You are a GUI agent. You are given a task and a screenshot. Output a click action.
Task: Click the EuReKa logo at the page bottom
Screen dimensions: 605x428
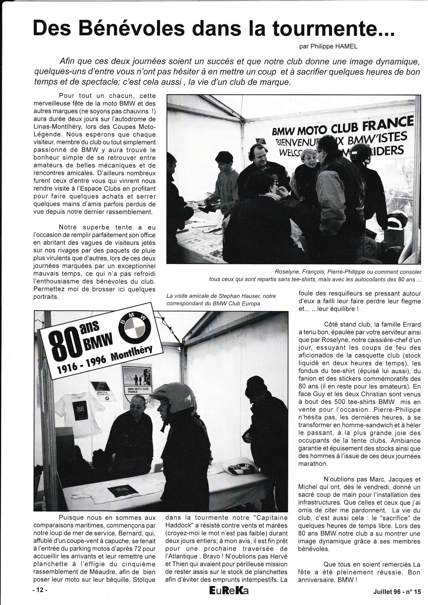(229, 591)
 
